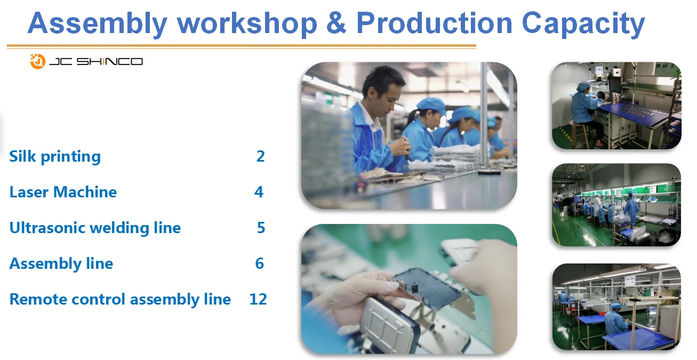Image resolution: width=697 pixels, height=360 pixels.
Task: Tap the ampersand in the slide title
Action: (x=336, y=23)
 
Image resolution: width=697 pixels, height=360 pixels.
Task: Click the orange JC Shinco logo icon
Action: (x=38, y=61)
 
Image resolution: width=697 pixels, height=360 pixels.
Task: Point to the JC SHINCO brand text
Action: (x=96, y=61)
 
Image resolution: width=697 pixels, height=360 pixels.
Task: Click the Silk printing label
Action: (x=55, y=157)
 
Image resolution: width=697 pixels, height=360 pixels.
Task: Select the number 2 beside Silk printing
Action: (x=260, y=156)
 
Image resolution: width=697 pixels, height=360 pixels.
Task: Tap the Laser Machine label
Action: (x=63, y=192)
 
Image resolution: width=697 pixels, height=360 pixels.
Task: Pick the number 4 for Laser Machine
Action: (x=259, y=192)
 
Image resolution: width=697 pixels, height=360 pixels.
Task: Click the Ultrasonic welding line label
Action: (x=95, y=228)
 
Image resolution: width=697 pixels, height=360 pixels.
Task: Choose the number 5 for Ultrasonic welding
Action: (x=261, y=228)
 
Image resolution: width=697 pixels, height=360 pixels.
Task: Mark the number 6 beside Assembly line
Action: (x=260, y=263)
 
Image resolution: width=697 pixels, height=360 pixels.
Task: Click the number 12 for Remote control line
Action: (x=258, y=299)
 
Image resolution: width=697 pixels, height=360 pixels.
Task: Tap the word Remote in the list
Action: (x=38, y=299)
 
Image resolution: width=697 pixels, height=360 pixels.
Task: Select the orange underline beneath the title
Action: (x=242, y=46)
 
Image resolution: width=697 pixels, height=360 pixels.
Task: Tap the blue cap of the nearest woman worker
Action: (x=431, y=105)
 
